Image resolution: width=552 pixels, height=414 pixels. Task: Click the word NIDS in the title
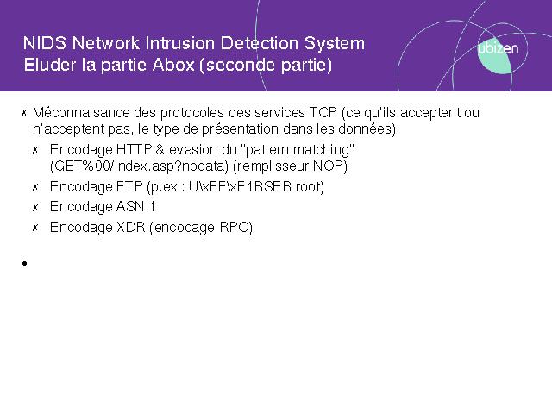tap(44, 43)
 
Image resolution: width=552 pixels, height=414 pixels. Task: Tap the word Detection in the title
tap(260, 43)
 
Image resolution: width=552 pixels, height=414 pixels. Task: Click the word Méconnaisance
tap(81, 113)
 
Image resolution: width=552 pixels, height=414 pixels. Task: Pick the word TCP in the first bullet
tap(323, 113)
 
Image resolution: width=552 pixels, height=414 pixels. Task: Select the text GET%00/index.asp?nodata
tap(141, 166)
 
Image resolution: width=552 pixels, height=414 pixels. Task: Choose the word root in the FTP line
tap(308, 187)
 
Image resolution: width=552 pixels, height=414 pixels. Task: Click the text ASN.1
tap(135, 207)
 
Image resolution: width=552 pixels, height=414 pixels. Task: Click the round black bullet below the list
tap(24, 263)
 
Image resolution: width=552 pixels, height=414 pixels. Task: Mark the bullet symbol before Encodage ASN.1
tap(35, 208)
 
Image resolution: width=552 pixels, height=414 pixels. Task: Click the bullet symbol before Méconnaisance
tap(24, 113)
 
